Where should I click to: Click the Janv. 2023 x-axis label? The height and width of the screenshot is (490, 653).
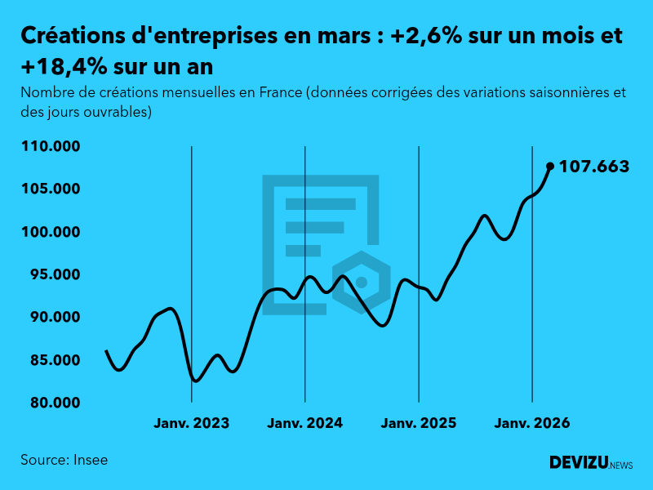pos(191,424)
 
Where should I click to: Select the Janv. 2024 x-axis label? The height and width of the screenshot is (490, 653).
pos(304,424)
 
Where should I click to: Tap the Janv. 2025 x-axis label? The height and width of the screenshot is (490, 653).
pos(419,424)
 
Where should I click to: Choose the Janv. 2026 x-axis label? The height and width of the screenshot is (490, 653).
pos(532,424)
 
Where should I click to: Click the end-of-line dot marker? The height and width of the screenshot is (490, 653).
pos(549,166)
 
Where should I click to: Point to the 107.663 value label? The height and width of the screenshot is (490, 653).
pos(593,167)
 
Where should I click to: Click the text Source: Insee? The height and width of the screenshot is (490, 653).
pos(64,460)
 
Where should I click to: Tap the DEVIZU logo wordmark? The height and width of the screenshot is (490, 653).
pos(579,463)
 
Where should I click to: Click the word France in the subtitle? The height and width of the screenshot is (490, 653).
pos(280,92)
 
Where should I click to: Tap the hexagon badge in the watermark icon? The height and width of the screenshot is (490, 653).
pos(361,282)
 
